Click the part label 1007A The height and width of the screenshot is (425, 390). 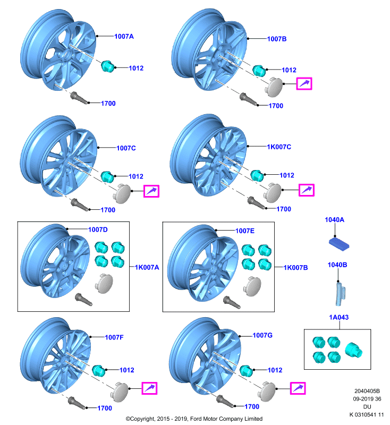(x=124, y=36)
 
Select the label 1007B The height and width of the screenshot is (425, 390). (x=277, y=39)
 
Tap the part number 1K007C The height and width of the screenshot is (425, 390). (x=279, y=147)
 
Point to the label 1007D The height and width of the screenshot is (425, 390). (x=98, y=229)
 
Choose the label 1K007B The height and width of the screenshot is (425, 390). (x=295, y=268)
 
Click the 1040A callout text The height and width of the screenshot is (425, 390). (x=334, y=219)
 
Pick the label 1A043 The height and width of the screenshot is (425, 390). (x=339, y=317)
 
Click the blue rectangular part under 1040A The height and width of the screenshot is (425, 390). (x=339, y=244)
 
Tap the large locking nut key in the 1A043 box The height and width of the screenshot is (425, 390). (x=354, y=350)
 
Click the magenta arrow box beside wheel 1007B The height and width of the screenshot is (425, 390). (x=304, y=83)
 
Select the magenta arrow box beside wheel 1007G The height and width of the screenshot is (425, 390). (x=298, y=388)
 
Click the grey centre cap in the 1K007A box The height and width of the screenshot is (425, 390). (x=104, y=283)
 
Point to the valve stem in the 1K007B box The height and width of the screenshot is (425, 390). (x=232, y=302)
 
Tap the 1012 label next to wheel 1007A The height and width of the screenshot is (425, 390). (x=136, y=68)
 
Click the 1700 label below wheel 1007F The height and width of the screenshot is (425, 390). (x=105, y=408)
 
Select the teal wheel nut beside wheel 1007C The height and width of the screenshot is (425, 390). (x=107, y=177)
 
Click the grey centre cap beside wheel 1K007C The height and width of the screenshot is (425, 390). (x=273, y=193)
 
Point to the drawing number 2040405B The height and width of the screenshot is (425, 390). (x=367, y=391)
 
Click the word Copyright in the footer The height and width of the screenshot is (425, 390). (x=143, y=419)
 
